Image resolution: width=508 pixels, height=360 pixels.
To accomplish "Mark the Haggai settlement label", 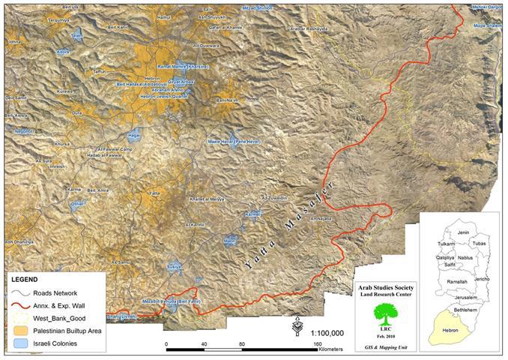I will coord(134,136).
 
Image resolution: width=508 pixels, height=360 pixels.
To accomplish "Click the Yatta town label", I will coord(155,193).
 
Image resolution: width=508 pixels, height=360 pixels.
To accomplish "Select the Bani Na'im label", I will coord(226,100).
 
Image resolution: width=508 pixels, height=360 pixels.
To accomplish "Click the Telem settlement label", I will coord(76,35).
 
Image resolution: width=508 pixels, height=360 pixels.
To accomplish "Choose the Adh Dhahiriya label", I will coord(19,241).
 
